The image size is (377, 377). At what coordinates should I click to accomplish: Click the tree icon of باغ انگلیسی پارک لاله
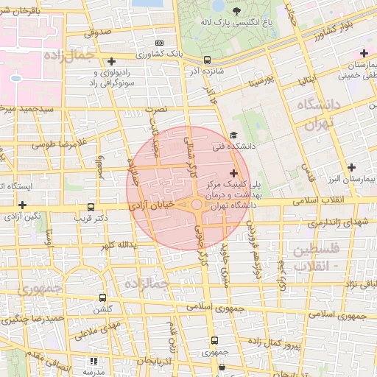(x=237, y=11)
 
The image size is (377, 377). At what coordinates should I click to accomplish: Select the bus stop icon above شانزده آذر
(x=207, y=60)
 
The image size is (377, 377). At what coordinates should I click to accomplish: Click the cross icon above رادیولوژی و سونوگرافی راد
(x=111, y=61)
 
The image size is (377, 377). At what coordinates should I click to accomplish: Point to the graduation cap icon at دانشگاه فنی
(x=233, y=135)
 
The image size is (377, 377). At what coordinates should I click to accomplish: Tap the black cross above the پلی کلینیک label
(x=234, y=172)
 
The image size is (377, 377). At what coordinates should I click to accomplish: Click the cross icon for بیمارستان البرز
(x=352, y=167)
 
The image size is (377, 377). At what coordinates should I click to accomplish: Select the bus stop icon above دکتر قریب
(x=91, y=208)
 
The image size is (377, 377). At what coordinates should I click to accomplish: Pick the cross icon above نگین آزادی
(x=23, y=205)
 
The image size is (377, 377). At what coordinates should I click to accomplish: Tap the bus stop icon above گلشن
(x=102, y=298)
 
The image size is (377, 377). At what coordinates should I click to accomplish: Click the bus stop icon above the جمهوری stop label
(x=214, y=340)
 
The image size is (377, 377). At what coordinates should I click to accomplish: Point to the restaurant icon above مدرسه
(x=93, y=361)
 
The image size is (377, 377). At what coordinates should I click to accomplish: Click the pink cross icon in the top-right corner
(x=364, y=53)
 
